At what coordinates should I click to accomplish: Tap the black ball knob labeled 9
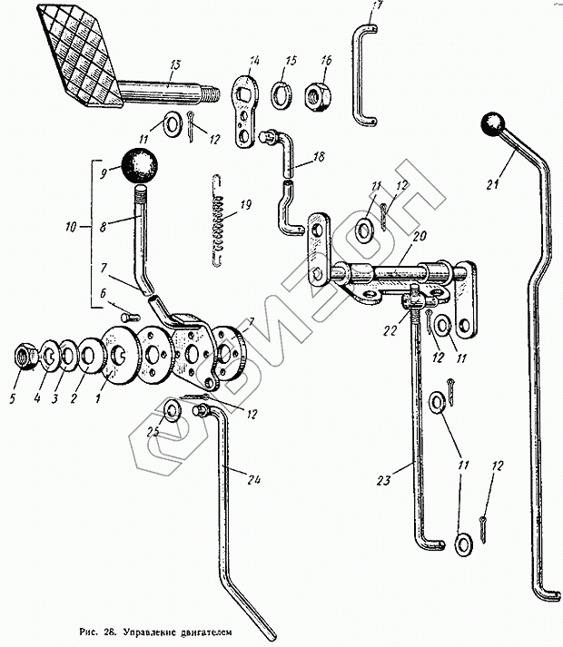pos(140,165)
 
